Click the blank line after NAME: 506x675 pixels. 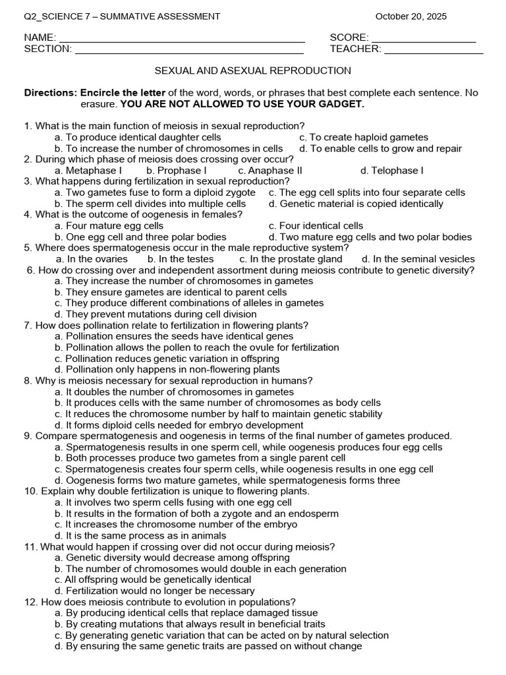point(182,40)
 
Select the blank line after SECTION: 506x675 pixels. point(189,51)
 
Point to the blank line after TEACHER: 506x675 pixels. point(433,51)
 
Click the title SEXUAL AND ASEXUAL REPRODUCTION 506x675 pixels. point(252,71)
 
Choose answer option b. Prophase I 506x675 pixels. point(177,171)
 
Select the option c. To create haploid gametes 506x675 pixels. point(364,137)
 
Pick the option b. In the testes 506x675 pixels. point(181,259)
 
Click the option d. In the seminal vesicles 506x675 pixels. point(418,259)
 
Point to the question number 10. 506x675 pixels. point(30,491)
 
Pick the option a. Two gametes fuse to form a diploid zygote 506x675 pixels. point(155,192)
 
